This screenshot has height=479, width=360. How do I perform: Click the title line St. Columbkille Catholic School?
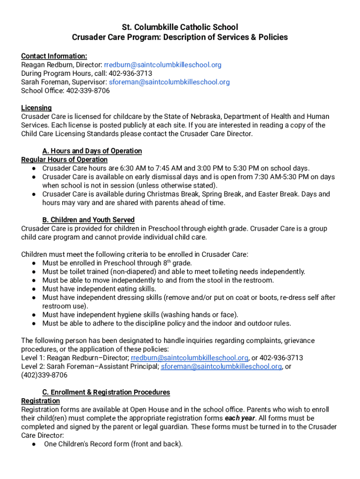pyautogui.click(x=180, y=27)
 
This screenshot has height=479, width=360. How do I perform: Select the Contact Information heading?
pyautogui.click(x=54, y=56)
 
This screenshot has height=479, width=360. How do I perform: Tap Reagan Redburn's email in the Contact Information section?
pyautogui.click(x=162, y=65)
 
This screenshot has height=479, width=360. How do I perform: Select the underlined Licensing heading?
pyautogui.click(x=36, y=108)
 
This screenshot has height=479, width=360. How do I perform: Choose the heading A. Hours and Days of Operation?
pyautogui.click(x=92, y=151)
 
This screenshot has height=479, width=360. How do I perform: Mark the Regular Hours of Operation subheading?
pyautogui.click(x=65, y=160)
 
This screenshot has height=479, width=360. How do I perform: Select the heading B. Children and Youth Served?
pyautogui.click(x=88, y=220)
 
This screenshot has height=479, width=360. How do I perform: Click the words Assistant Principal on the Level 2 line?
pyautogui.click(x=129, y=367)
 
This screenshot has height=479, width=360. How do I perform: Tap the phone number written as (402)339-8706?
pyautogui.click(x=44, y=375)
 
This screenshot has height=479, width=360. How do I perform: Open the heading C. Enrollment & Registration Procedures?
pyautogui.click(x=106, y=392)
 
